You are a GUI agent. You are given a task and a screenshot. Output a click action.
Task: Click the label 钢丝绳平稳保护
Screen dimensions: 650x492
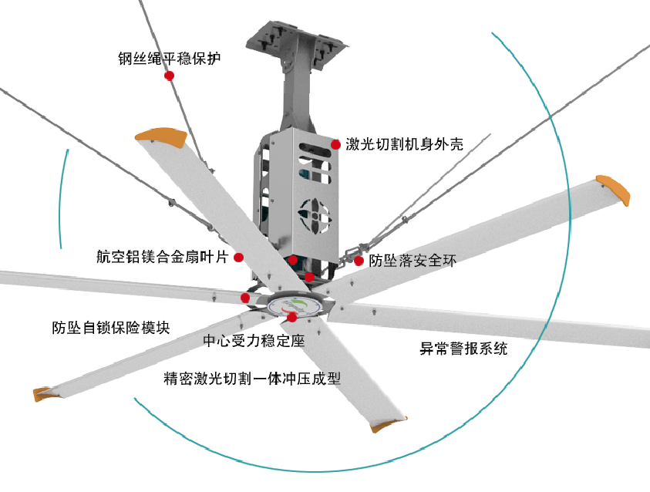click(x=169, y=59)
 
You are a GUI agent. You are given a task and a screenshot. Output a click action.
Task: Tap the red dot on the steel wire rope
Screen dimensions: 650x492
click(x=169, y=76)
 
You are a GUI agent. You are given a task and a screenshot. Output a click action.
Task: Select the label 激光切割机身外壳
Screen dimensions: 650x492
click(x=404, y=144)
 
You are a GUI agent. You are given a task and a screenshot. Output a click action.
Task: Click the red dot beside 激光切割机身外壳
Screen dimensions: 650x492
click(x=335, y=144)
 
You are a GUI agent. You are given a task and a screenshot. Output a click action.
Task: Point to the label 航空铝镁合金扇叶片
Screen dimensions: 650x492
click(x=163, y=257)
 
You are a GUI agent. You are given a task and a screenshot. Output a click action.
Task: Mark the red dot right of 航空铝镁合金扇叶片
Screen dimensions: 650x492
click(x=238, y=258)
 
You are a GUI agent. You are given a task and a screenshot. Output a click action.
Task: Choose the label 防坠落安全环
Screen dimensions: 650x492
click(x=413, y=261)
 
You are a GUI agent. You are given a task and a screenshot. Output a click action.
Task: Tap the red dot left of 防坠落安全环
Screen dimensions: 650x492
click(x=359, y=261)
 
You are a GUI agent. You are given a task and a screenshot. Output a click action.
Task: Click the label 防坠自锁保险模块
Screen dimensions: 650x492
click(x=111, y=328)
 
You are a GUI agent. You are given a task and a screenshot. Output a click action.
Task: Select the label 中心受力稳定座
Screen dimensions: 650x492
click(x=254, y=340)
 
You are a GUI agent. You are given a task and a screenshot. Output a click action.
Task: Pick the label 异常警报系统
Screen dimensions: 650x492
click(x=463, y=348)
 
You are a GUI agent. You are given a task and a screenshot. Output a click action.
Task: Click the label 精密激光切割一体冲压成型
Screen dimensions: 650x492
click(x=252, y=378)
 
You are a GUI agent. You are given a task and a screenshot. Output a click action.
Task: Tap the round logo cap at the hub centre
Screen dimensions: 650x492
click(x=295, y=306)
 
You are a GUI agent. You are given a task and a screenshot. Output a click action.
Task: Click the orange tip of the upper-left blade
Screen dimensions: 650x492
click(x=161, y=137)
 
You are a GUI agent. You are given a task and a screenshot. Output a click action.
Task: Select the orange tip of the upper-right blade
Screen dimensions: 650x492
click(x=614, y=189)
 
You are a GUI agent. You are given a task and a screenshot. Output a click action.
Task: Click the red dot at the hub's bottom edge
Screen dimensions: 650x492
click(x=292, y=318)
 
